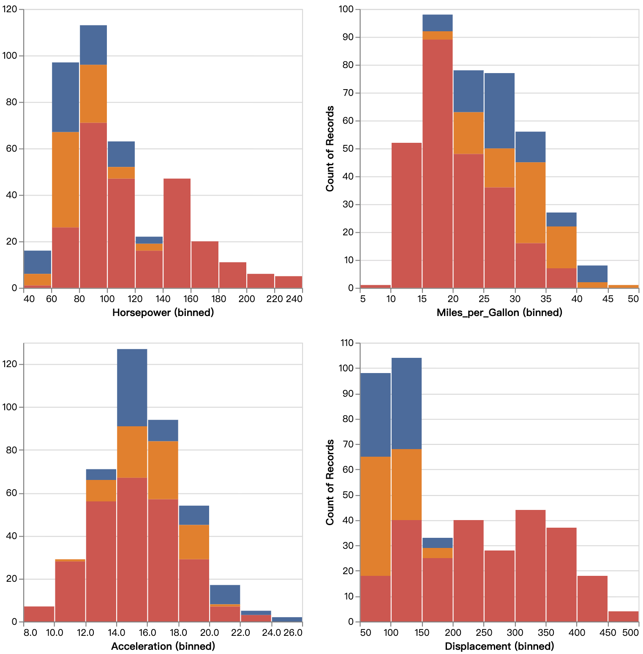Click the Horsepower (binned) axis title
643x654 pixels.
point(163,313)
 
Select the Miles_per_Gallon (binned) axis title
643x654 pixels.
point(499,313)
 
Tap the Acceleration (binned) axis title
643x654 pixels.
point(163,646)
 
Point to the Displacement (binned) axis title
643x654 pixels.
point(499,646)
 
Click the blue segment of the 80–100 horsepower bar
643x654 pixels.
point(93,45)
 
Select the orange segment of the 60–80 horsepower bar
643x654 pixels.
point(65,180)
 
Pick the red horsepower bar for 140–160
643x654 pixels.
point(177,233)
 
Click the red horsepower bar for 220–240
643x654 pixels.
point(289,282)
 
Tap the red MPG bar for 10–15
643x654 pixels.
point(406,215)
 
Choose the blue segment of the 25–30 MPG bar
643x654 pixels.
point(499,111)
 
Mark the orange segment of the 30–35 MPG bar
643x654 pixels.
point(531,203)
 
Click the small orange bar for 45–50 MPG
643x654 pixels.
point(624,286)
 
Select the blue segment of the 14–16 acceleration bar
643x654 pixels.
point(132,388)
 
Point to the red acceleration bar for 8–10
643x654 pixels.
point(39,614)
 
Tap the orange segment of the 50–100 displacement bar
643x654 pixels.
point(376,516)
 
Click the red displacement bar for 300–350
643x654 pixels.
point(531,566)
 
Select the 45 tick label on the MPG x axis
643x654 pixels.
point(608,299)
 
